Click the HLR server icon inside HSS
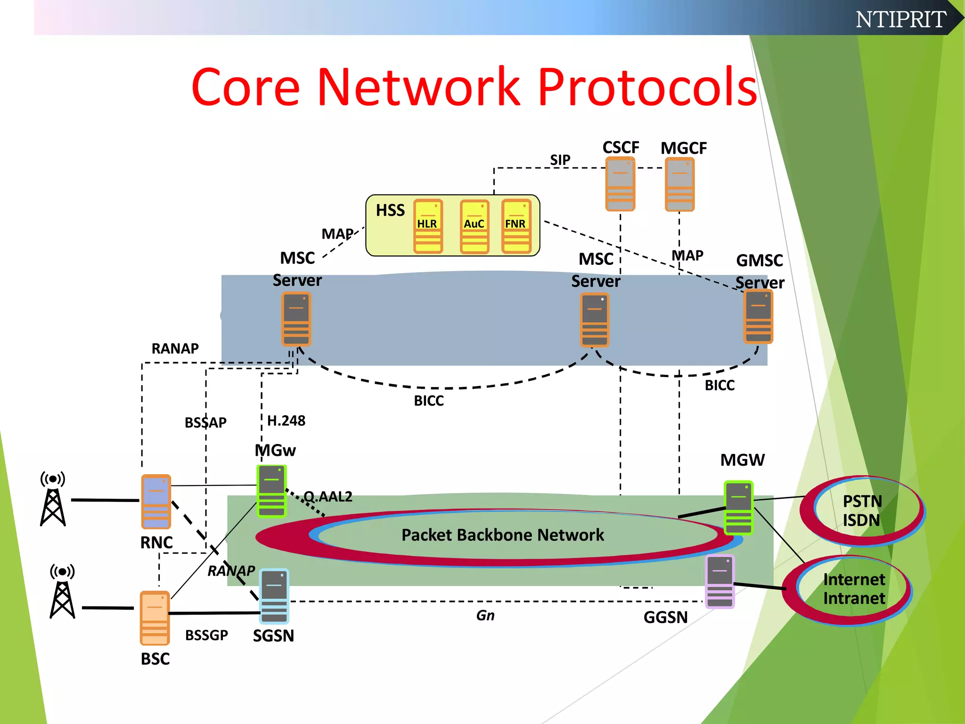click(428, 226)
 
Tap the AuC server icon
click(474, 227)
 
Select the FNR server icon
click(516, 226)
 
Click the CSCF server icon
click(620, 184)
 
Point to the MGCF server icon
click(679, 184)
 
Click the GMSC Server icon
click(758, 317)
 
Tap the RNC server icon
click(156, 502)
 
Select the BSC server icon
click(155, 618)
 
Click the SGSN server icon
click(274, 596)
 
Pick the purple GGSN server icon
click(720, 582)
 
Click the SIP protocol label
click(560, 160)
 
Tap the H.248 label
click(286, 420)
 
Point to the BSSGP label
click(206, 635)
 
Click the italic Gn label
click(485, 616)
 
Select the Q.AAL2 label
click(328, 496)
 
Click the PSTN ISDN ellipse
click(862, 510)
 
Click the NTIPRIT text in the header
click(900, 19)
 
